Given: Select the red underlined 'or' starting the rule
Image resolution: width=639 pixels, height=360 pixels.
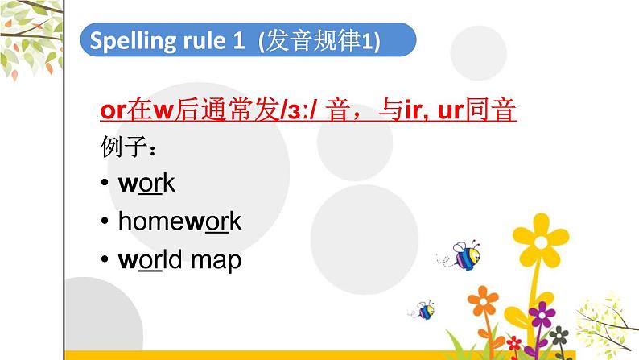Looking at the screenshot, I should click(113, 111).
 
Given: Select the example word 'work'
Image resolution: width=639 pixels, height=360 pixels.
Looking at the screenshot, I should click(146, 184).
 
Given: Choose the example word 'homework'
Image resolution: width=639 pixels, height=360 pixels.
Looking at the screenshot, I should click(179, 222).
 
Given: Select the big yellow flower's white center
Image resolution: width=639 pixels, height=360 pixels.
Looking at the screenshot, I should click(548, 240).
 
